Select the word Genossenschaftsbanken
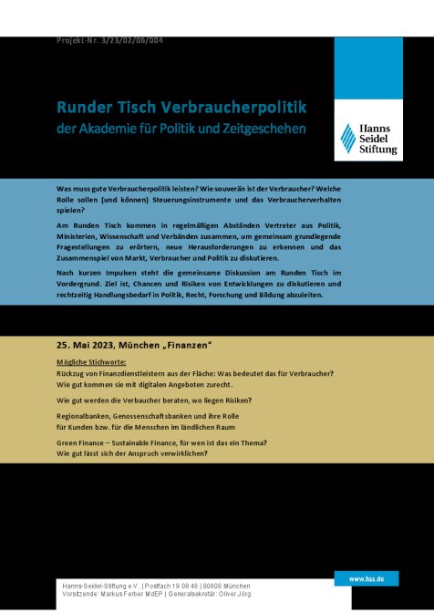(160, 416)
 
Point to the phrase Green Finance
(83, 442)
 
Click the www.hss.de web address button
(367, 578)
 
